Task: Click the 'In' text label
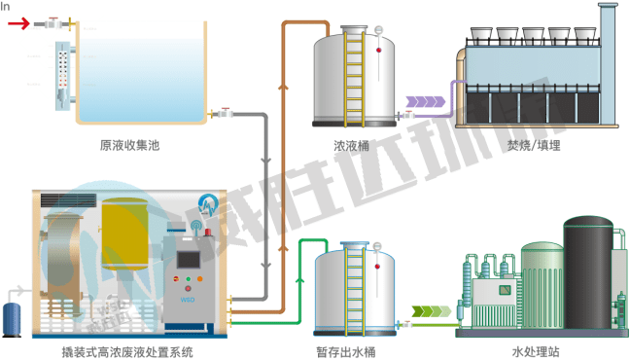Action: (6, 6)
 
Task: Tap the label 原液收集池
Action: (128, 146)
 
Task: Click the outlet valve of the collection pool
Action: (226, 114)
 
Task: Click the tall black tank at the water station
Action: (589, 272)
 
